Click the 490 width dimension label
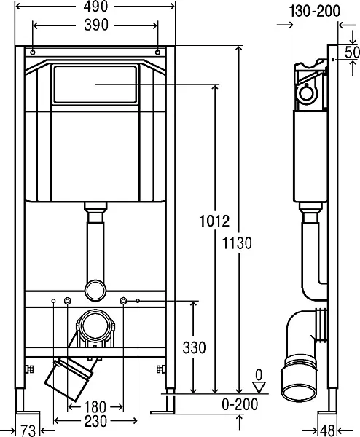pyautogui.click(x=95, y=6)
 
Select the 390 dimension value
pyautogui.click(x=96, y=25)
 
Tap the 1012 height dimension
pyautogui.click(x=214, y=221)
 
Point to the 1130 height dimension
pyautogui.click(x=237, y=243)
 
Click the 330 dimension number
pyautogui.click(x=194, y=347)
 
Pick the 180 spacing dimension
pyautogui.click(x=95, y=406)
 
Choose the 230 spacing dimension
pyautogui.click(x=95, y=421)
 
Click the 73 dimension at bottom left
pyautogui.click(x=28, y=431)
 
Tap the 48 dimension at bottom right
pyautogui.click(x=328, y=431)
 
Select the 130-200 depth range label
pyautogui.click(x=315, y=11)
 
